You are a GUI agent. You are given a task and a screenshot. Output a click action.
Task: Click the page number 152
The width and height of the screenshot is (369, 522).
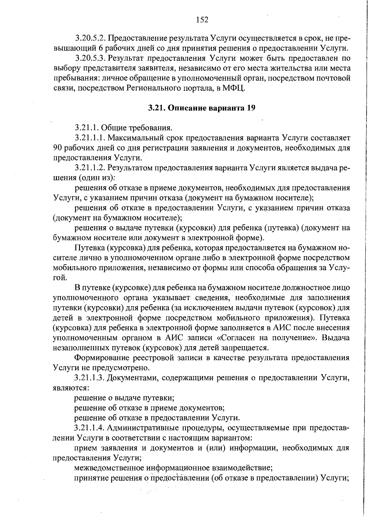click(202, 20)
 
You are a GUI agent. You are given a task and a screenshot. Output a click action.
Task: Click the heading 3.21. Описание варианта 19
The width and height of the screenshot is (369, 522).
click(202, 108)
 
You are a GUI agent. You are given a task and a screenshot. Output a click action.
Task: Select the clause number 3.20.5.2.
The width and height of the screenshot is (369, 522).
click(90, 38)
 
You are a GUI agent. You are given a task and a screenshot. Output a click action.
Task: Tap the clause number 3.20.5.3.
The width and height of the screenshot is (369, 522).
click(90, 58)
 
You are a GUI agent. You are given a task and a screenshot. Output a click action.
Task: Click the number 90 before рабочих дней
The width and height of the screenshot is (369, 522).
click(58, 148)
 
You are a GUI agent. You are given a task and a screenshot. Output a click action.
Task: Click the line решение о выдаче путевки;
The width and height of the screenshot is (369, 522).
click(125, 398)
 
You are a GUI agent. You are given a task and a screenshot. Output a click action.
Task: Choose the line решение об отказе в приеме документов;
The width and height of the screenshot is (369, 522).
click(149, 408)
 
